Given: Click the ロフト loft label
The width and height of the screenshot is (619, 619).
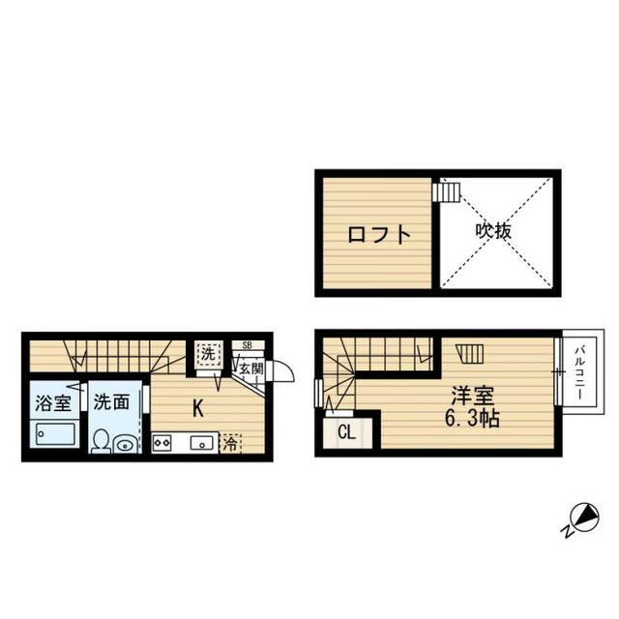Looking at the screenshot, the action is (x=379, y=234).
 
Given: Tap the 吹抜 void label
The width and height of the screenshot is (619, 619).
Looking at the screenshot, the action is (x=493, y=231).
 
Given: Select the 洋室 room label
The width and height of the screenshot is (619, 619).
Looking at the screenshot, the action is (x=473, y=396).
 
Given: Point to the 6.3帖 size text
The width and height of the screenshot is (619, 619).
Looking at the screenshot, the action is (x=472, y=419).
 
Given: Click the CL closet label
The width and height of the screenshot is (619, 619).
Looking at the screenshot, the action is (x=347, y=432).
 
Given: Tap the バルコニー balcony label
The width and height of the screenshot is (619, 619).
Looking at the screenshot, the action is (x=579, y=372).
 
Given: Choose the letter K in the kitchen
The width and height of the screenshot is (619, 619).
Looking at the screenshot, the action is (x=197, y=408).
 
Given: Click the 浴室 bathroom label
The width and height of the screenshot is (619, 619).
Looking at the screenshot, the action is (x=53, y=403).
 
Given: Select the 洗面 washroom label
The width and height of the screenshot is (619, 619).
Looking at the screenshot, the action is (x=112, y=402).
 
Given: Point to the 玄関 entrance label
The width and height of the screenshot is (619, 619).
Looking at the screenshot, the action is (x=251, y=369).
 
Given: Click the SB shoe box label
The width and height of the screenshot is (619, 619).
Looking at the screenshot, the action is (x=248, y=345).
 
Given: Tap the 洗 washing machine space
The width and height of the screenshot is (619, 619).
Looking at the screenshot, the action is (x=208, y=354).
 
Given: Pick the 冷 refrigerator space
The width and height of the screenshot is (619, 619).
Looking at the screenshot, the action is (x=230, y=444).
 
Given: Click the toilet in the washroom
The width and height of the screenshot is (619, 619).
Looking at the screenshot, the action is (x=102, y=441).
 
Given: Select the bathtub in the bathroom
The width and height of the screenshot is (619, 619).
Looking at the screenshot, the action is (x=56, y=435).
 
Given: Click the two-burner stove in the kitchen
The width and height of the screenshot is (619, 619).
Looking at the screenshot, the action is (x=162, y=443).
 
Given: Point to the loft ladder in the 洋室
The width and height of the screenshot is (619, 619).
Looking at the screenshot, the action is (x=470, y=354).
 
